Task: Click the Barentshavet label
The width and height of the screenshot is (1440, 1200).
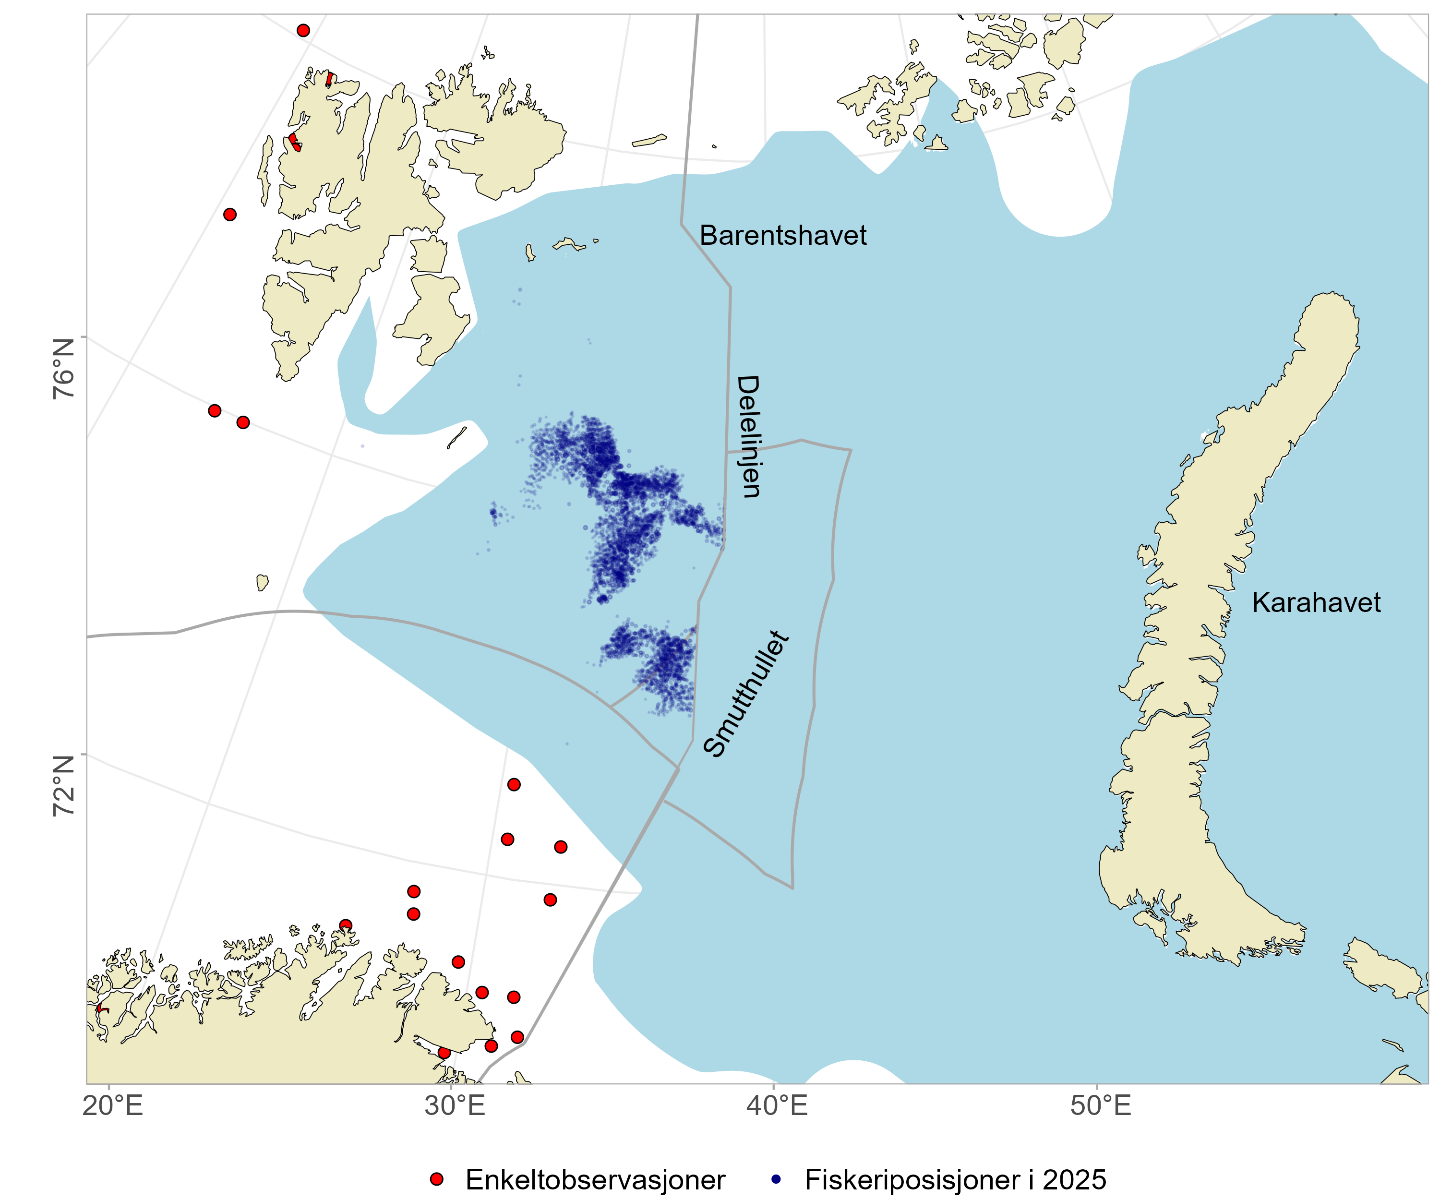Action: click(x=783, y=235)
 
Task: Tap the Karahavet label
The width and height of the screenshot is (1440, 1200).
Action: click(x=1315, y=602)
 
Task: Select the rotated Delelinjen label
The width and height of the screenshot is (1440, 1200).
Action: click(x=748, y=436)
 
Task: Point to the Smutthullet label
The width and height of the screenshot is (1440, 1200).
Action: click(x=746, y=694)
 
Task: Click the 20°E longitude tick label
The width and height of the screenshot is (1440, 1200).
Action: click(x=112, y=1105)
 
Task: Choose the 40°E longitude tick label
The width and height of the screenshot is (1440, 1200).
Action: click(x=777, y=1105)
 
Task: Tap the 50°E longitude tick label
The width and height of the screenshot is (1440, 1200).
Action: click(x=1100, y=1105)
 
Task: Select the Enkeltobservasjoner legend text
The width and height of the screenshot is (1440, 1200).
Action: click(x=595, y=1179)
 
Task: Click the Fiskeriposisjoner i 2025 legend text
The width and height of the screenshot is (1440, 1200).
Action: click(x=955, y=1179)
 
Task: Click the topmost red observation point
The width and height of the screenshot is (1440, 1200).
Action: click(x=303, y=30)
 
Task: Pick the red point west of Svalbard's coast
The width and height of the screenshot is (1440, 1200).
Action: click(x=230, y=215)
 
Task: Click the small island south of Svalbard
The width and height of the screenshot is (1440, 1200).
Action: click(x=262, y=583)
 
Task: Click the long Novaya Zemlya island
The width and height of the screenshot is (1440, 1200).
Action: click(x=1227, y=617)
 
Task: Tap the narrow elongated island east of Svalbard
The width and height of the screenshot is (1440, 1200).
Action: click(x=648, y=141)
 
